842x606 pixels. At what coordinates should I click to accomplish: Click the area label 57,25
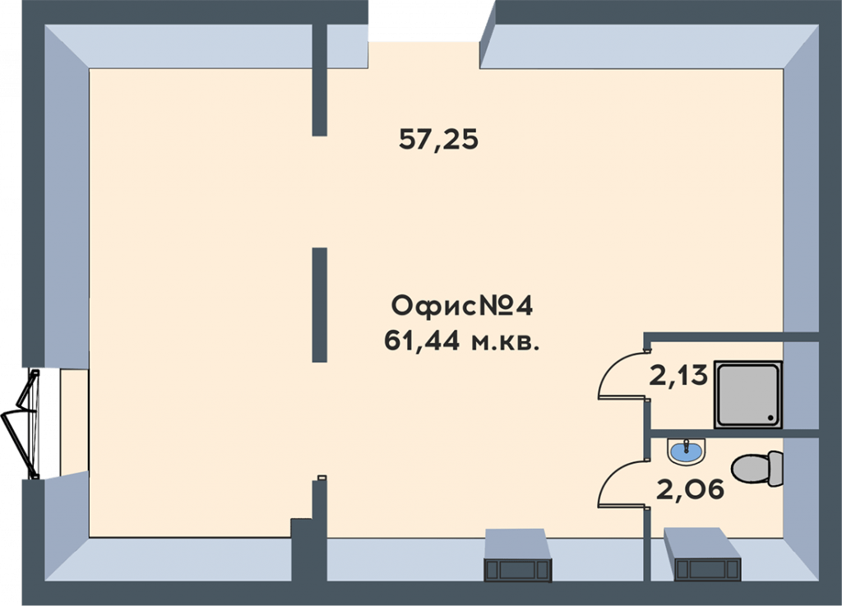click(438, 140)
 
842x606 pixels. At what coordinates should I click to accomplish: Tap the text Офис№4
click(462, 307)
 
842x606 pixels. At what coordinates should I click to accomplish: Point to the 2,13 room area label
click(678, 376)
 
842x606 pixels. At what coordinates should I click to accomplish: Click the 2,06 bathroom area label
click(691, 489)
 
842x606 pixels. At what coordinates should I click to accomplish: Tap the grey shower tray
click(748, 395)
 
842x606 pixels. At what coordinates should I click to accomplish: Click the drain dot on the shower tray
click(770, 417)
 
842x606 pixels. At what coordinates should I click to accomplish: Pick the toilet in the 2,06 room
click(757, 469)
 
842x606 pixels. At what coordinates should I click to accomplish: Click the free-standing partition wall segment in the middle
click(320, 305)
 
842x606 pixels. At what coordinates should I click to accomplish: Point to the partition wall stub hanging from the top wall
click(320, 80)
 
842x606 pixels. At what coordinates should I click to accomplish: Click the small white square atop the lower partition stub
click(322, 477)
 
